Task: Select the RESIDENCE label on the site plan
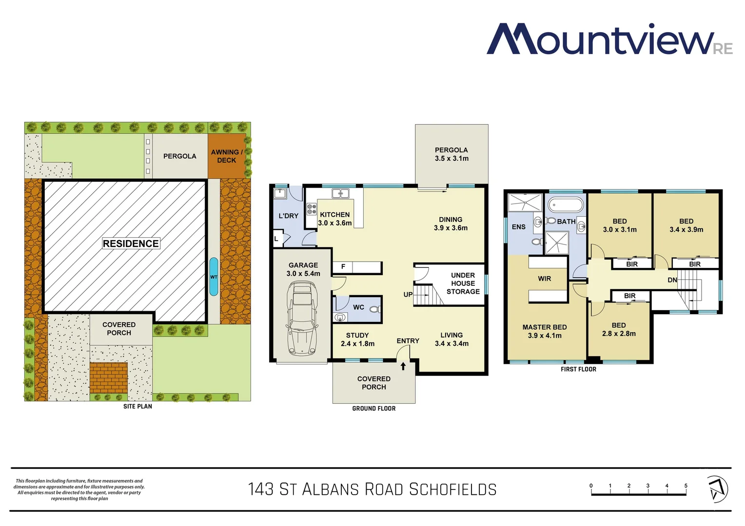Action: [131, 244]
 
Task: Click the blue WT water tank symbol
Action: [214, 277]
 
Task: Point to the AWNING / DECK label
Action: [227, 156]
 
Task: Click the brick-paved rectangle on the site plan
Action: [108, 377]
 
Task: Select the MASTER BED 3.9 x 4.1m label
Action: [545, 331]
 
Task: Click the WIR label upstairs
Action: [545, 279]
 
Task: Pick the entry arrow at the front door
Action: [403, 366]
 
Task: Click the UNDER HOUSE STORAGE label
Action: [463, 283]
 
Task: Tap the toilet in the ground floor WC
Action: [374, 309]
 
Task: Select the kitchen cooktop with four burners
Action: [312, 209]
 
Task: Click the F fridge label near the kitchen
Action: [343, 266]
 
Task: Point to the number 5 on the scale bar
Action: [686, 486]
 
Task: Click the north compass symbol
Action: [717, 489]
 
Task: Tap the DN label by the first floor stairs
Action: [672, 280]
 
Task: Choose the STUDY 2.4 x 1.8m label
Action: [357, 339]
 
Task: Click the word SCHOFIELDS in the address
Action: [452, 489]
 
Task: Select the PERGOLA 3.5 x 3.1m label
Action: [451, 154]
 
